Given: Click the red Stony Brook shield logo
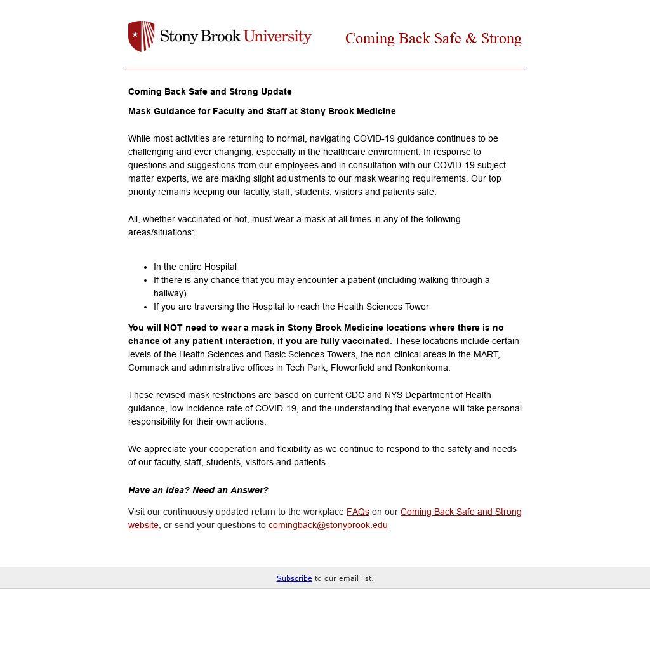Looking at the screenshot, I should pos(142,36).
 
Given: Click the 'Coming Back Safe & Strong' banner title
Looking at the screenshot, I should pos(433,39).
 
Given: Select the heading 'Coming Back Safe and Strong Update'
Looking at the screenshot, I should pos(209,91).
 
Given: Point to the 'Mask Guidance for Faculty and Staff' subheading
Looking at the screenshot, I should pos(262,111).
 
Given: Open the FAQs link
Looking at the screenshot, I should pos(357,512).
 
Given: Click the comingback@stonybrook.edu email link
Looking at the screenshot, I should pos(328,525).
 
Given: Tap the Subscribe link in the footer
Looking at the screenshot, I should pos(294,578).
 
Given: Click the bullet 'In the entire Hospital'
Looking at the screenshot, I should pos(195,267).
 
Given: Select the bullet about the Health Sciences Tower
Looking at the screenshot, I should pos(291,307).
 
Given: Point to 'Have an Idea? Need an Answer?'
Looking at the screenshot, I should pos(198,490).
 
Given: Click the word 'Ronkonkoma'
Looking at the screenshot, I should pos(421,368).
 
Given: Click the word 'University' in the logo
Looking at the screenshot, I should pos(277,36).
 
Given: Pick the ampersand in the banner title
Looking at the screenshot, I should pos(470,39).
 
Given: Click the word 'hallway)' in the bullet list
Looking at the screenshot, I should pos(170,293).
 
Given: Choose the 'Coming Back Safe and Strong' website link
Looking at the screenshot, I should pos(460,512).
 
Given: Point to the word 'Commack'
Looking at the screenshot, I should pos(147,368).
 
